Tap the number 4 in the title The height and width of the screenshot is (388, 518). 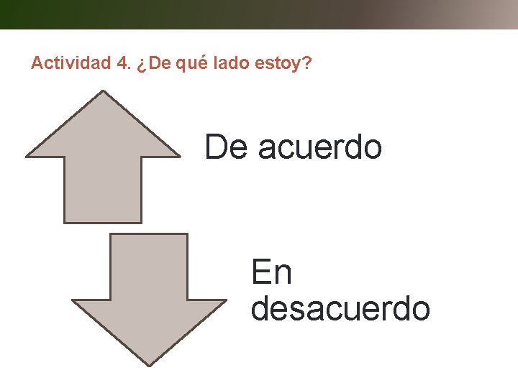[x=119, y=64]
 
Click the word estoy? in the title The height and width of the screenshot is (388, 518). [x=283, y=65]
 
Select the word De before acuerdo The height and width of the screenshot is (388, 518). [x=226, y=147]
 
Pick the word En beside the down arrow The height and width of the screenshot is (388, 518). [x=271, y=273]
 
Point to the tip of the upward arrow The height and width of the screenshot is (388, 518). [x=104, y=92]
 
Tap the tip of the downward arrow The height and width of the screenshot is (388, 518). [x=149, y=364]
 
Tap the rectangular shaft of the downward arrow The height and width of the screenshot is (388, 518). [x=149, y=267]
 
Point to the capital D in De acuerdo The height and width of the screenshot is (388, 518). [x=215, y=147]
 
